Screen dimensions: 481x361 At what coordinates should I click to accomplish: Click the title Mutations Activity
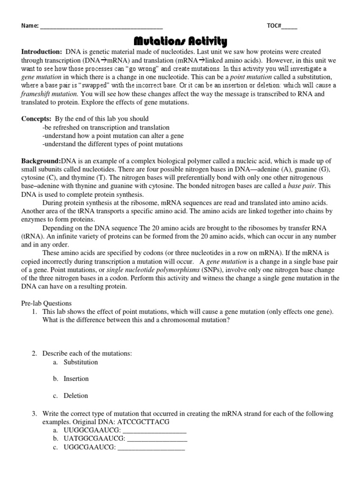point(180,41)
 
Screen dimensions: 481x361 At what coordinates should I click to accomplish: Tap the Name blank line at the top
point(102,26)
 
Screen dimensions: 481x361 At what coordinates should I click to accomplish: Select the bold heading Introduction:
point(41,52)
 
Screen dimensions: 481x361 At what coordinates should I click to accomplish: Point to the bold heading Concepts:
point(37,119)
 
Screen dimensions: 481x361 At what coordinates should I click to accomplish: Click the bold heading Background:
point(41,161)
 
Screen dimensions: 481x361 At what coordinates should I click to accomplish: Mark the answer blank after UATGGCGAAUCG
point(157,439)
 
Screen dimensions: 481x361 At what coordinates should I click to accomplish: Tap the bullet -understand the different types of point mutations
point(112,144)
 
